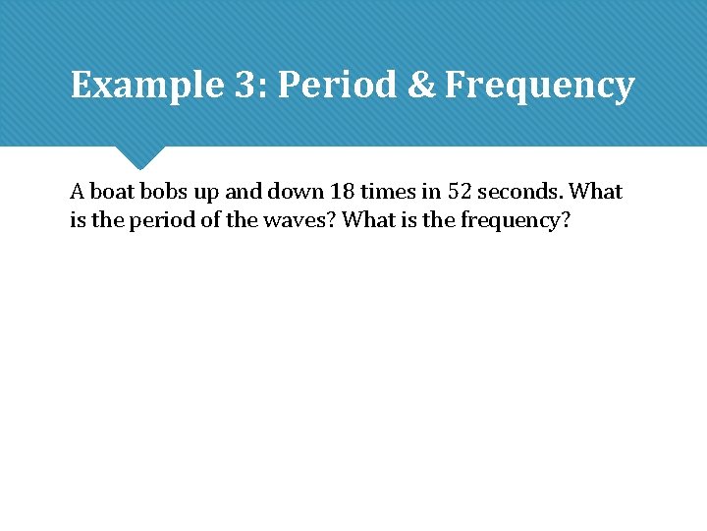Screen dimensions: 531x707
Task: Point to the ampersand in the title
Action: [x=420, y=86]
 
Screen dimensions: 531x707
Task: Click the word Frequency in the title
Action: [x=539, y=86]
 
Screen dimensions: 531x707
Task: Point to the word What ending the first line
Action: [x=596, y=191]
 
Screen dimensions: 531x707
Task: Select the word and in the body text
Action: [x=245, y=191]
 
